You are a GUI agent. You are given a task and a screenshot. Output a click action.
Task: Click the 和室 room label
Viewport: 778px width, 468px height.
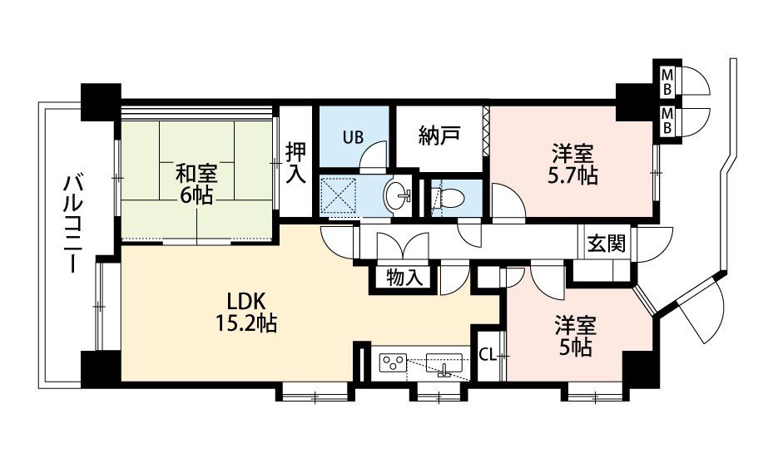click(x=196, y=174)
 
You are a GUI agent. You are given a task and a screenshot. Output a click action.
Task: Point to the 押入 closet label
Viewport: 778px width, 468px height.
click(x=295, y=163)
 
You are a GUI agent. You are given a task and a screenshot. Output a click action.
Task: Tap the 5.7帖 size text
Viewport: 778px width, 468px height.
click(x=573, y=176)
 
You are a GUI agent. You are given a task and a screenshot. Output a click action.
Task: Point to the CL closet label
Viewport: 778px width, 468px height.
click(x=488, y=355)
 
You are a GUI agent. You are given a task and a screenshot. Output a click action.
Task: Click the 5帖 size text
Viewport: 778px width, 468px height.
click(x=574, y=348)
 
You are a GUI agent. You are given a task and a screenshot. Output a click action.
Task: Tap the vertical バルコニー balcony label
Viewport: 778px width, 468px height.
click(x=72, y=224)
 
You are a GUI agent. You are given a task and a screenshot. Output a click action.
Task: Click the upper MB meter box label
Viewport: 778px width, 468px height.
click(x=667, y=81)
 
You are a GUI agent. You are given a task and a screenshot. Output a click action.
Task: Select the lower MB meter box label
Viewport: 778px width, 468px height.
click(x=667, y=121)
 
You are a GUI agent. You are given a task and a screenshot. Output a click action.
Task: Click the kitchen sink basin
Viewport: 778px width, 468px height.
click(x=444, y=362)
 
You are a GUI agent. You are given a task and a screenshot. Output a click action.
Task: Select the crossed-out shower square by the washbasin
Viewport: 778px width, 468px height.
click(x=339, y=196)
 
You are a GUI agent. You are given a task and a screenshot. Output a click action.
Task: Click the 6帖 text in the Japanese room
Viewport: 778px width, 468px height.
click(x=196, y=196)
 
